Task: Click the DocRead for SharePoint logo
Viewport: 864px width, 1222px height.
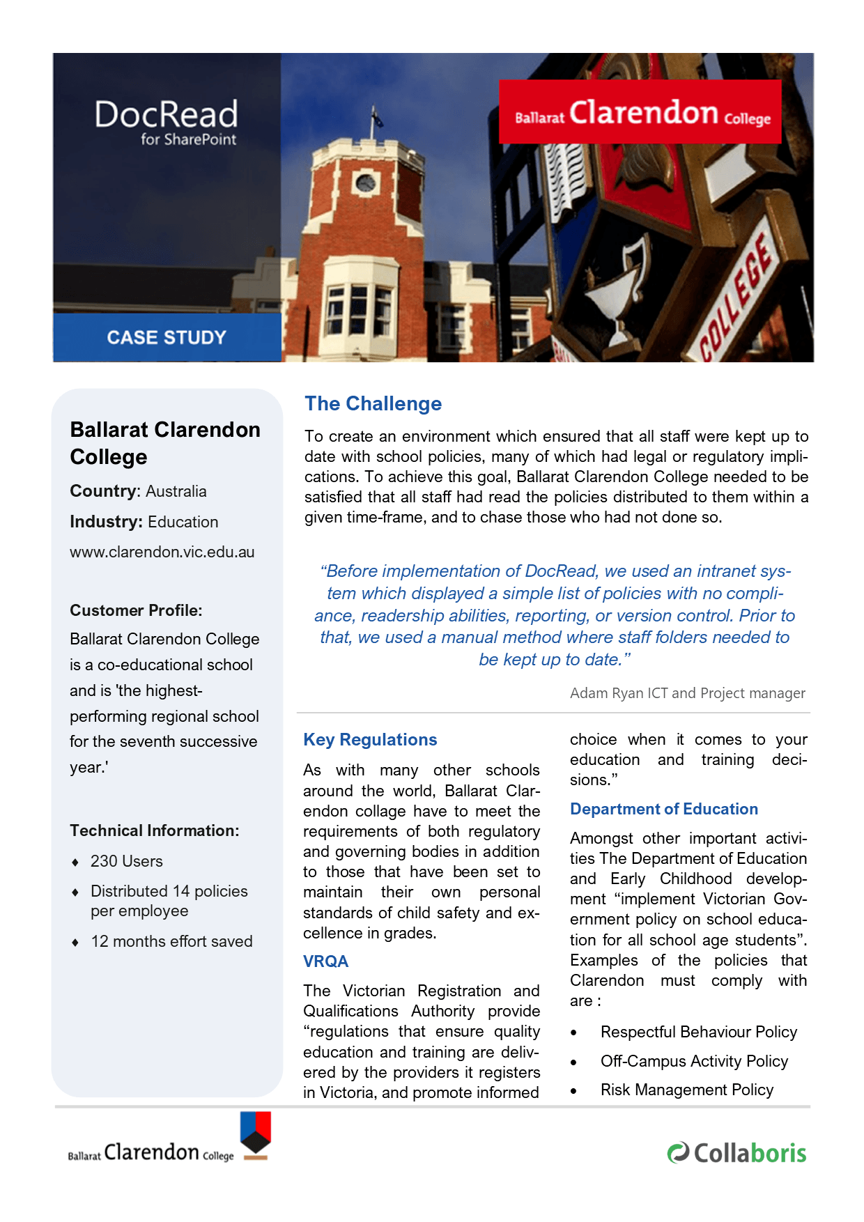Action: tap(167, 122)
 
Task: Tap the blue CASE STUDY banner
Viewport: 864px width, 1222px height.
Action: tap(167, 337)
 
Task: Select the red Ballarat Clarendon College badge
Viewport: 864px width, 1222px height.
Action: tap(640, 112)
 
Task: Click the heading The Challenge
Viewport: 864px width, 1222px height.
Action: tap(373, 404)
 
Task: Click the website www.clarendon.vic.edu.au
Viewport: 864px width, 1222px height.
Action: tap(162, 552)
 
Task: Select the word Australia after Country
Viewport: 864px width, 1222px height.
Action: tap(176, 492)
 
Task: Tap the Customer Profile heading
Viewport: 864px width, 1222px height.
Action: tap(136, 611)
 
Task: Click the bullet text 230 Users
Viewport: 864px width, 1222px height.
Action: tap(126, 862)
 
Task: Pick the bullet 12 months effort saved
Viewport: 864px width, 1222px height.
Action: tap(171, 942)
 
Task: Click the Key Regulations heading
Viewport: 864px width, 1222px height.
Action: tap(370, 740)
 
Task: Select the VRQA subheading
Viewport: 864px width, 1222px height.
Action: tap(325, 962)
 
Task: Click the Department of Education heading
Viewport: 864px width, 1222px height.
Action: tap(664, 810)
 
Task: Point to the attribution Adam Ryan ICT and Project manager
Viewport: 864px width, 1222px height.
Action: tap(687, 693)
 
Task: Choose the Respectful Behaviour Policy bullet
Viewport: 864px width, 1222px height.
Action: tap(698, 1032)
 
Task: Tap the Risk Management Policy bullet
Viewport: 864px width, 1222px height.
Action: tap(686, 1090)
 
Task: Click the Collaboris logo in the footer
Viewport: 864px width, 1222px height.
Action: tap(736, 1153)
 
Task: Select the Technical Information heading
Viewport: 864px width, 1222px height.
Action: tap(154, 831)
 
